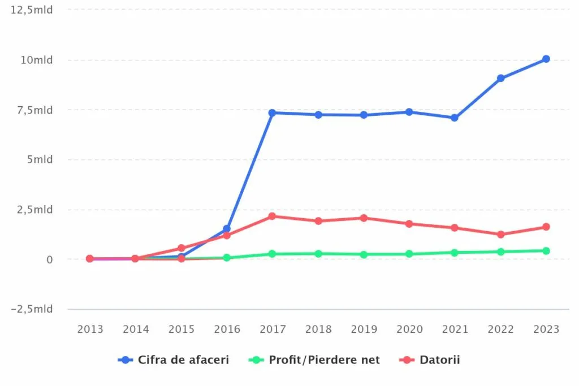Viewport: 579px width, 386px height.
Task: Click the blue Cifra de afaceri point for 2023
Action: point(546,59)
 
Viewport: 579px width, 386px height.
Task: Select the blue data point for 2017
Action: point(272,112)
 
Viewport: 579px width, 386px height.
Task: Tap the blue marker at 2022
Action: point(500,78)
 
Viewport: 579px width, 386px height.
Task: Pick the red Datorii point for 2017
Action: point(272,216)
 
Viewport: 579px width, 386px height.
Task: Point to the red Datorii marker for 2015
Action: point(182,248)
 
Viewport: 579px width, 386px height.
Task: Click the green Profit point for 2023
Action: point(546,250)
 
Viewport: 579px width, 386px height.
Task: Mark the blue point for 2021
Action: point(454,118)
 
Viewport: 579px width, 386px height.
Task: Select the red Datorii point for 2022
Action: point(500,234)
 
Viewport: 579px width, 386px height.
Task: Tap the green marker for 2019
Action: point(364,254)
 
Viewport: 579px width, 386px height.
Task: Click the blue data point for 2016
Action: point(227,229)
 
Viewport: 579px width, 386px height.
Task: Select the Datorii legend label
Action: point(439,359)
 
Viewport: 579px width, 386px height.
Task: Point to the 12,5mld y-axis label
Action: point(36,10)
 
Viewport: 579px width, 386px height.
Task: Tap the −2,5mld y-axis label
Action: point(33,309)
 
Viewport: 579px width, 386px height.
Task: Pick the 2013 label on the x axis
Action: point(90,329)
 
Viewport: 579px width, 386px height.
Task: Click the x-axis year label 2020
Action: point(409,329)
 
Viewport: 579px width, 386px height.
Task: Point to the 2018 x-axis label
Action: point(318,329)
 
